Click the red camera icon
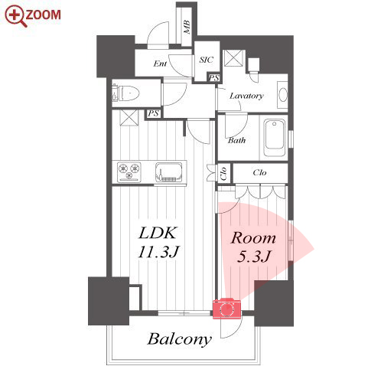point(226,309)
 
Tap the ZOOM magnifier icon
point(16,16)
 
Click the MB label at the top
point(187,28)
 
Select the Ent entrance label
point(160,64)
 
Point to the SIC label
point(207,60)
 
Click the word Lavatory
point(246,96)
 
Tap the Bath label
point(236,140)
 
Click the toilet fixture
point(125,93)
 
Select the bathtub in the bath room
point(274,137)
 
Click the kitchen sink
point(168,172)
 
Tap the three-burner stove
point(129,172)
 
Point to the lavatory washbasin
point(282,95)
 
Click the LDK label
point(158,233)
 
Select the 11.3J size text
point(159,251)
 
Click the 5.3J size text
point(253,257)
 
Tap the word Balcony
point(180,339)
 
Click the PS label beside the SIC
point(213,77)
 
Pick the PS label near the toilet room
point(154,113)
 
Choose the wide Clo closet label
point(259,172)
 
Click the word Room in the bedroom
point(253,238)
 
